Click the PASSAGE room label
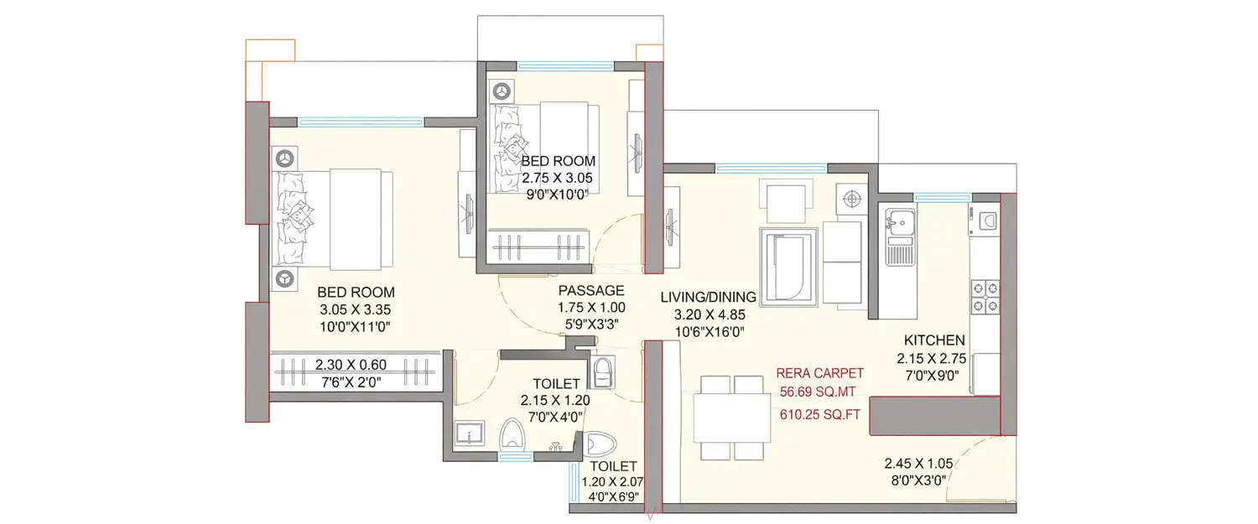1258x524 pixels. (x=591, y=291)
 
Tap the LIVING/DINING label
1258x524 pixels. (x=708, y=297)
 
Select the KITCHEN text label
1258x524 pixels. (x=934, y=340)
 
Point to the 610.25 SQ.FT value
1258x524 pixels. (x=819, y=413)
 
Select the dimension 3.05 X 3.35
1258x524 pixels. (x=356, y=309)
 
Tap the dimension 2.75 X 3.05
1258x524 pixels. (x=558, y=178)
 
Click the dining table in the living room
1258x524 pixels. (x=732, y=418)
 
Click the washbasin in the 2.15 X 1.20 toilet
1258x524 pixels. (x=466, y=434)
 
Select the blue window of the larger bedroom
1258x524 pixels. (x=361, y=122)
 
